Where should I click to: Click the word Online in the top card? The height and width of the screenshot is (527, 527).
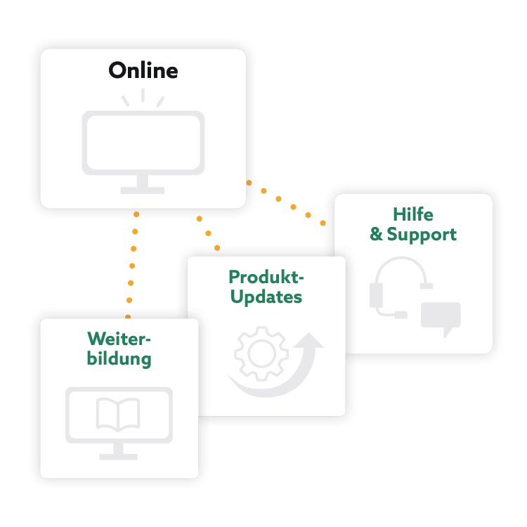click(x=143, y=71)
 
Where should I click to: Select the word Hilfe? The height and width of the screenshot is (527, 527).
click(x=412, y=215)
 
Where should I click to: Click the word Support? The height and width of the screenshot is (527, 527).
click(x=422, y=235)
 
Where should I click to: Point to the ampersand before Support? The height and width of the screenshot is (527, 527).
click(x=377, y=234)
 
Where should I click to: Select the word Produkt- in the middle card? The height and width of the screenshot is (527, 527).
click(x=266, y=277)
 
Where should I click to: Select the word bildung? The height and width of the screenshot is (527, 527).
click(x=119, y=358)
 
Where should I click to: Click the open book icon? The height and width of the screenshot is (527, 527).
click(x=118, y=415)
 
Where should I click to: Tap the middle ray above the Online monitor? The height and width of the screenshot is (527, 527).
click(x=143, y=95)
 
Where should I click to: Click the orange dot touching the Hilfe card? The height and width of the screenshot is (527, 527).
click(x=323, y=223)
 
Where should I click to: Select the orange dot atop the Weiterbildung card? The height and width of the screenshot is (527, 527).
click(x=128, y=317)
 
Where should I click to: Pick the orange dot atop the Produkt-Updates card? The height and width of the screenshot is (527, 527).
click(x=216, y=247)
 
